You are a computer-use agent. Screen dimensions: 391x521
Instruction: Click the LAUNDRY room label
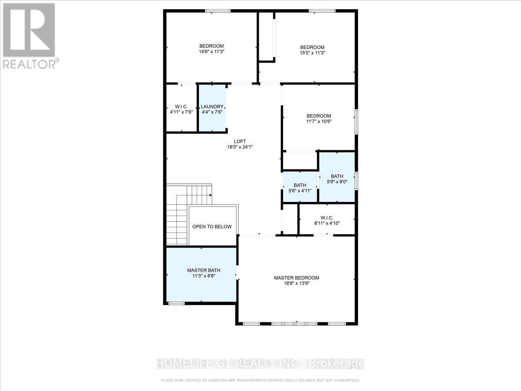(x=212, y=107)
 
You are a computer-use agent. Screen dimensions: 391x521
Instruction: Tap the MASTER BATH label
(x=201, y=270)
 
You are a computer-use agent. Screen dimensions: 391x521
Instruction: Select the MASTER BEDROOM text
(x=297, y=278)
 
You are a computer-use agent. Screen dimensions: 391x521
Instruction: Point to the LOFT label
(x=240, y=141)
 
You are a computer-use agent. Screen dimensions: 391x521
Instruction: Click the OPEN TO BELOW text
(x=212, y=227)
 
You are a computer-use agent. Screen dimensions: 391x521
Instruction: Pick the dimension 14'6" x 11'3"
(x=211, y=52)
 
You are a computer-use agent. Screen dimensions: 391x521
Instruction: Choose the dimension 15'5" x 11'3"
(x=313, y=53)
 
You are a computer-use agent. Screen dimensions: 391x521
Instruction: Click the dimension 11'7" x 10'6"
(x=319, y=121)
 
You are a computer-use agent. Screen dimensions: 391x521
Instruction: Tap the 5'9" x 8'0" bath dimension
(x=337, y=182)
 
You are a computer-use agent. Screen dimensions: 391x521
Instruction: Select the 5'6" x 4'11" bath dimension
(x=300, y=191)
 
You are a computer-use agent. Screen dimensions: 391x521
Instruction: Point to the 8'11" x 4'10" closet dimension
(x=326, y=223)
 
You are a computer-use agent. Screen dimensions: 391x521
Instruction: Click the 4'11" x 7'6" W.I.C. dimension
(x=181, y=112)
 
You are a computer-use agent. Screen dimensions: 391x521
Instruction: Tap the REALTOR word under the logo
(x=29, y=64)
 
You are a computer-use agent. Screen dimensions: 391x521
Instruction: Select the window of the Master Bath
(x=176, y=303)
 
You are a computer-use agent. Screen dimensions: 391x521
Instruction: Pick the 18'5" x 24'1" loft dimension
(x=240, y=147)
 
